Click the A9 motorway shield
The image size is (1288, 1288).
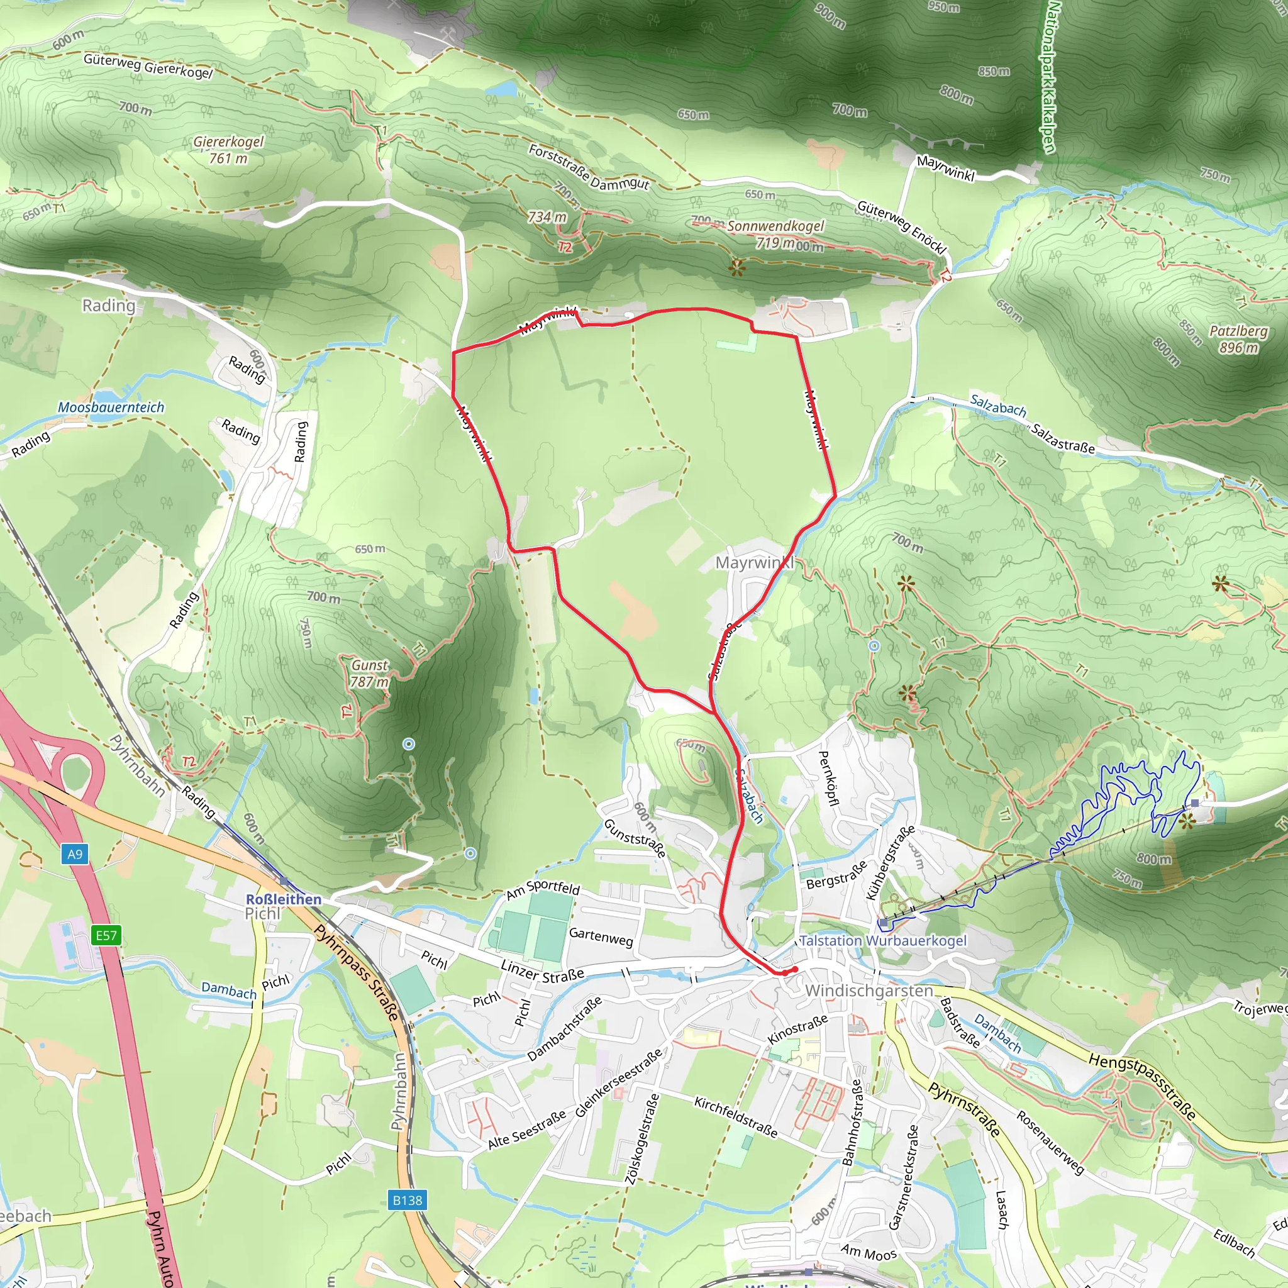(x=75, y=854)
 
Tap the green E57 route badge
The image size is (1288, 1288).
(x=106, y=935)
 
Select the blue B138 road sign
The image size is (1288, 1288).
(x=408, y=1200)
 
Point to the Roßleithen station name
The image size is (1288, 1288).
(x=284, y=899)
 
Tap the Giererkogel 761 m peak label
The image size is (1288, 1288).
(x=229, y=150)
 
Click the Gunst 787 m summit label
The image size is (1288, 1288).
(x=369, y=674)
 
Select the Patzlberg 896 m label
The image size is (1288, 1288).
(x=1238, y=339)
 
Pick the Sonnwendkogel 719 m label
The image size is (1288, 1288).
(x=775, y=233)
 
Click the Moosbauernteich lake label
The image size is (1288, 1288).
(x=111, y=408)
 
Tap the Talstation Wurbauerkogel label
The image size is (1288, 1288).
(x=882, y=941)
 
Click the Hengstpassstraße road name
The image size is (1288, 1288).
(x=1141, y=1086)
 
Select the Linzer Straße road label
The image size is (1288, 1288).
(x=542, y=974)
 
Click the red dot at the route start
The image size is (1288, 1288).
(x=794, y=969)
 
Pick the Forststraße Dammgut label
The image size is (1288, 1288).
(x=589, y=167)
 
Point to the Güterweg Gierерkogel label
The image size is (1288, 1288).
(x=148, y=66)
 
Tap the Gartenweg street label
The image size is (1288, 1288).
(x=601, y=936)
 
